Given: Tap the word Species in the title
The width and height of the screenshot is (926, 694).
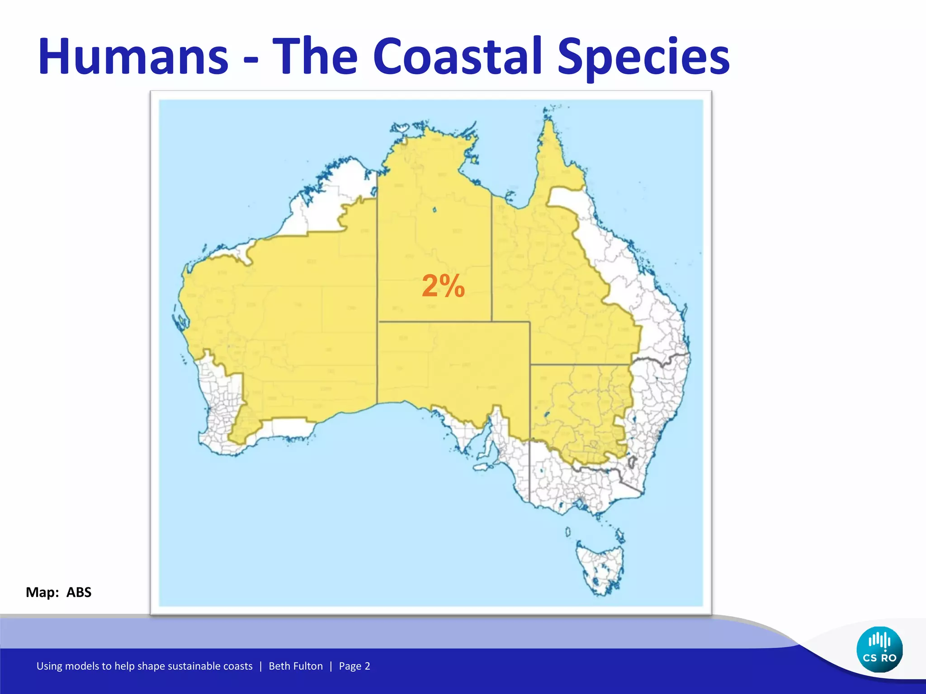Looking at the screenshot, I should [x=643, y=58].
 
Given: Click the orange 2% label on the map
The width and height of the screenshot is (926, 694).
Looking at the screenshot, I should [x=443, y=286].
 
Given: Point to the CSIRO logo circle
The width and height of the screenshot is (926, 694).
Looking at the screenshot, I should [x=879, y=650].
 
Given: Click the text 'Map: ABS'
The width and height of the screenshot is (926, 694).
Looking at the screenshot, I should [x=58, y=592].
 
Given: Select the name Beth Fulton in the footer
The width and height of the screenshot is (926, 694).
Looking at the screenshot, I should [x=296, y=666].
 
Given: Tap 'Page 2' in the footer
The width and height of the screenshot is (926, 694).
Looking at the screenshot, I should [x=354, y=666].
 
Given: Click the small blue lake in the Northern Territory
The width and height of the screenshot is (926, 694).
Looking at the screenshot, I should [x=435, y=210].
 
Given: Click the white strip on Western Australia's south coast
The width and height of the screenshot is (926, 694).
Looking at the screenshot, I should [x=289, y=427].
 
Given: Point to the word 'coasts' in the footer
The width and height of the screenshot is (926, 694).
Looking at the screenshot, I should [x=238, y=666].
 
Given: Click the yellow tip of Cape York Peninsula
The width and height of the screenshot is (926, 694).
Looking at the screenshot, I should [x=548, y=136].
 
